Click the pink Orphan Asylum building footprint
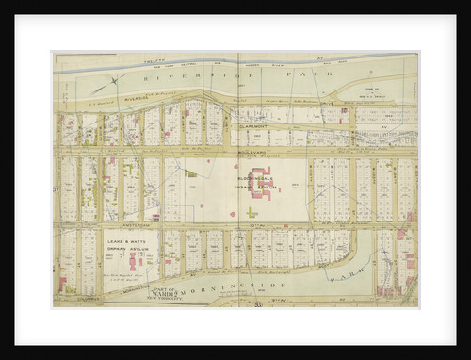[x=132, y=258]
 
